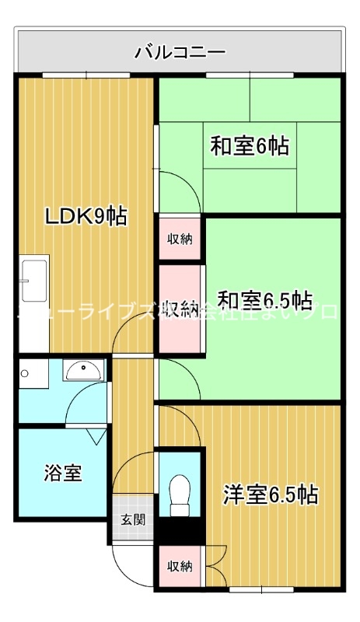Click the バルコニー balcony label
tap(180, 52)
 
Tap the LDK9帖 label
tap(86, 215)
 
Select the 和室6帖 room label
tap(250, 145)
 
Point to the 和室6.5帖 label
tap(264, 299)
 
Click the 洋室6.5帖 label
tap(270, 494)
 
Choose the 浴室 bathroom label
tap(63, 472)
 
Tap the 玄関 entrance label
tap(132, 519)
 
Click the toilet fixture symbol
tap(180, 494)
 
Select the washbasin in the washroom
tap(83, 371)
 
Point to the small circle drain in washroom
tap(26, 373)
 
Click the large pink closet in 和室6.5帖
tap(181, 308)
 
